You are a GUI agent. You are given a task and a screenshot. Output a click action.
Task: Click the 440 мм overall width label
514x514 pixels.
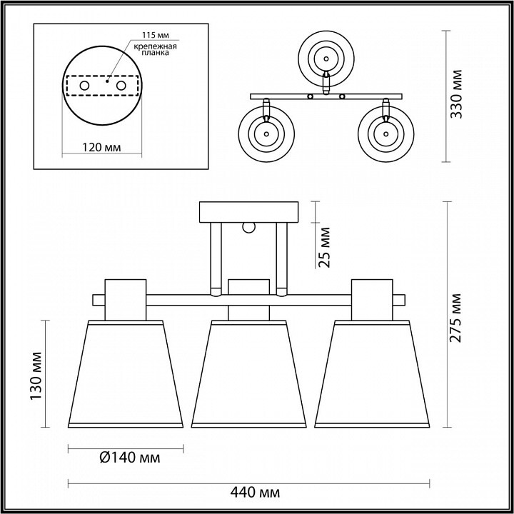(x=255, y=492)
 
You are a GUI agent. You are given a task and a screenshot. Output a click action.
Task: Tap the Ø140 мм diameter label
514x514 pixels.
(x=130, y=458)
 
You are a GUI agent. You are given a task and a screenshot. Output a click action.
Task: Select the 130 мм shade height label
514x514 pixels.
(x=36, y=376)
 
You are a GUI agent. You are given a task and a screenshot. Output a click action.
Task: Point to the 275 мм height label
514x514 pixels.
(x=455, y=318)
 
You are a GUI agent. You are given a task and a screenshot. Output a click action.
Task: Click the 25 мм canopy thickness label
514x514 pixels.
(x=324, y=247)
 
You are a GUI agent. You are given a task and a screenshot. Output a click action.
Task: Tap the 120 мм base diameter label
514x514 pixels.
(x=101, y=148)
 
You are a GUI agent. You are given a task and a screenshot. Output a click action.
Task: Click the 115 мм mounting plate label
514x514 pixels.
(x=156, y=35)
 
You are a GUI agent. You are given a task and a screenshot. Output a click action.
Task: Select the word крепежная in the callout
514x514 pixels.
(x=156, y=46)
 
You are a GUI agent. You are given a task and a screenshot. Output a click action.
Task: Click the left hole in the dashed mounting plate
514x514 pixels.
(x=84, y=86)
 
